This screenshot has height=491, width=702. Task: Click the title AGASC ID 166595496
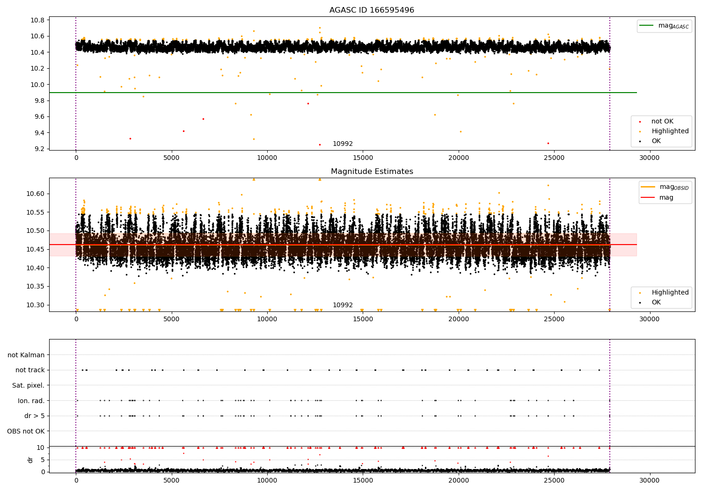point(372,10)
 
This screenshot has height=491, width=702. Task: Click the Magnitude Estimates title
point(372,172)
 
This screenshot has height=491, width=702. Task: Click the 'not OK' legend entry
point(662,122)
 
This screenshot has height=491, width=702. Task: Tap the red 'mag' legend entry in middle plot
point(666,198)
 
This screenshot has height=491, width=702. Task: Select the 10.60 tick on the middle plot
point(36,194)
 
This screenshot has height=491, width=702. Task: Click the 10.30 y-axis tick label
point(36,305)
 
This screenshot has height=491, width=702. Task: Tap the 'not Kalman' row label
point(26,355)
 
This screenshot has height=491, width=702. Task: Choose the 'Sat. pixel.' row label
point(28,385)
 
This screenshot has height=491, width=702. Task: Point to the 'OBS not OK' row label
point(26,431)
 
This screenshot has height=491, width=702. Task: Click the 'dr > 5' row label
point(34,416)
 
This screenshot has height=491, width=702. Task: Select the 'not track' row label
point(30,370)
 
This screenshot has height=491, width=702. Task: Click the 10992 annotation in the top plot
point(343,144)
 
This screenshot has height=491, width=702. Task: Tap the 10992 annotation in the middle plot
point(343,305)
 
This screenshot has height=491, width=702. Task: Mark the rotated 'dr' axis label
point(30,460)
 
